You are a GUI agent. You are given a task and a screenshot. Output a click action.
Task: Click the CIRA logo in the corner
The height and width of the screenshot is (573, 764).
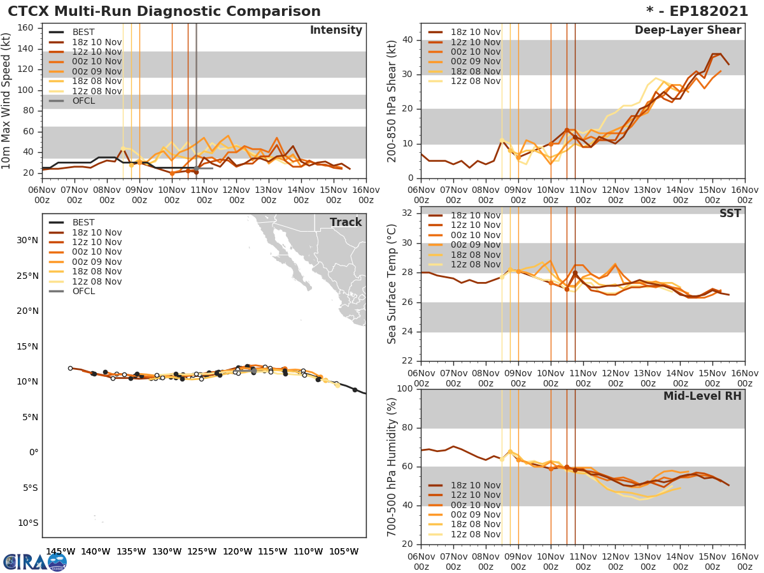click(34, 561)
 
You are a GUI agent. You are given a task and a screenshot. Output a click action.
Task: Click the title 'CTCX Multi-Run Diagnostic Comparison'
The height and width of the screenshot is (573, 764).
click(164, 11)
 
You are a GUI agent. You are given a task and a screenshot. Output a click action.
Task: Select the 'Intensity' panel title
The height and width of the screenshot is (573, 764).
click(336, 31)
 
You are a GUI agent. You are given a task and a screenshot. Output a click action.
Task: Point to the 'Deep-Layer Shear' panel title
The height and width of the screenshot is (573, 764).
click(688, 31)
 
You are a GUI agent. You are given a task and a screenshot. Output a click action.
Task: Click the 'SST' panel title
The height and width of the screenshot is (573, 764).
click(730, 213)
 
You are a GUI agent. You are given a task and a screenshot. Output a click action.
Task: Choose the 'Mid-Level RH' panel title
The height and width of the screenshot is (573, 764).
click(702, 396)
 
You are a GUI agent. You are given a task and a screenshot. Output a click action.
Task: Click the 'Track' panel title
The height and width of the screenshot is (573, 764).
click(346, 222)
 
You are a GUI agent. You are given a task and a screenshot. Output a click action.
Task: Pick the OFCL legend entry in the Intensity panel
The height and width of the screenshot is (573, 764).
click(83, 101)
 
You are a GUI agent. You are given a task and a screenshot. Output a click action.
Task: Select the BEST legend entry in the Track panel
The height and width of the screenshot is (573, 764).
click(83, 223)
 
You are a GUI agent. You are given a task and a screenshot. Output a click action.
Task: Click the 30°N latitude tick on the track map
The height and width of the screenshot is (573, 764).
click(29, 241)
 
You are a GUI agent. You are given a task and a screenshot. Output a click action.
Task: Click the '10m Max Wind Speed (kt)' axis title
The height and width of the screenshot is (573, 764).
click(7, 101)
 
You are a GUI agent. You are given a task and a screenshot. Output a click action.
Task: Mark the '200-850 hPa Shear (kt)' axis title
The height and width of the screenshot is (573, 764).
click(392, 101)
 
